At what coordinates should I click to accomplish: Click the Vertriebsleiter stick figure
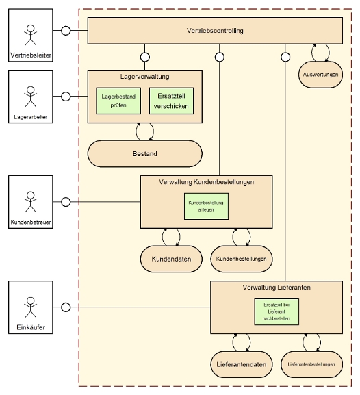click(x=31, y=35)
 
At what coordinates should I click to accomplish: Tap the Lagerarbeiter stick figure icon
click(x=31, y=97)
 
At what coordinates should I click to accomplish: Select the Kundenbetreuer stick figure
click(x=31, y=202)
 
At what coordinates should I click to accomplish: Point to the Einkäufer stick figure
click(x=31, y=307)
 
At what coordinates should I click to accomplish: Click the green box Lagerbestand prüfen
click(x=118, y=101)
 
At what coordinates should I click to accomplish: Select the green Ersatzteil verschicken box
click(x=171, y=101)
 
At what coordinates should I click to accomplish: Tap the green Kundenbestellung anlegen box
click(x=206, y=206)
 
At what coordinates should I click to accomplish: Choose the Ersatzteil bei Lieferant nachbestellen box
click(x=277, y=311)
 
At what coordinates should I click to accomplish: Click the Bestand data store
click(x=145, y=153)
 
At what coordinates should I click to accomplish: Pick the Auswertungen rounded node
click(x=320, y=75)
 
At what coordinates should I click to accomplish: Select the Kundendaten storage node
click(x=171, y=259)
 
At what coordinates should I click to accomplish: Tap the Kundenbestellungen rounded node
click(x=242, y=259)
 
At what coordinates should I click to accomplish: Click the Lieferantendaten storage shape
click(x=242, y=364)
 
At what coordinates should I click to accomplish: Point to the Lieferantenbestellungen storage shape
click(x=311, y=364)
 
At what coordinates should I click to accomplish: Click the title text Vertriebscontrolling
click(x=215, y=31)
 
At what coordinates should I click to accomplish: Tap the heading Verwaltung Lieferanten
click(x=277, y=288)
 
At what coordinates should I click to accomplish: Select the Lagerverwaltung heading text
click(x=145, y=77)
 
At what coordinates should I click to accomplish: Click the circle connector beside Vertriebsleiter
click(x=66, y=31)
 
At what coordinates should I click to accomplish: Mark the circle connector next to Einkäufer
click(x=66, y=307)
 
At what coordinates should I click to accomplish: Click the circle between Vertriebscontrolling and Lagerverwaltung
click(x=145, y=57)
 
